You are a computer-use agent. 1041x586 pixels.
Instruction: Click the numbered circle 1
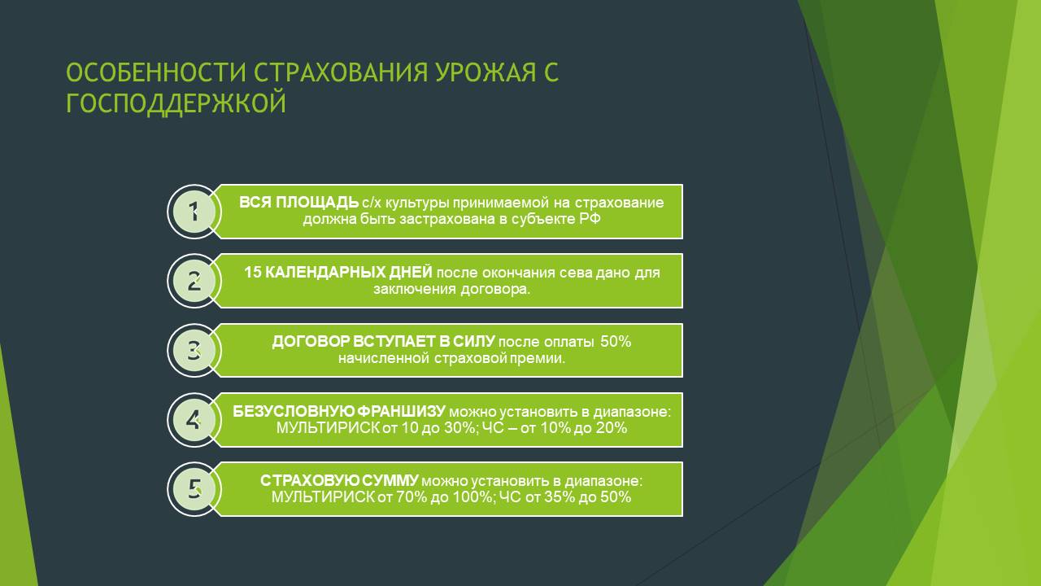click(x=194, y=212)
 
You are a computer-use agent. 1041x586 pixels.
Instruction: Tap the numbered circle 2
click(x=194, y=281)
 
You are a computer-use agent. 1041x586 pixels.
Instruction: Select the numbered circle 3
click(x=194, y=350)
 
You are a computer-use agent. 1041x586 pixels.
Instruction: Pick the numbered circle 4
click(x=194, y=420)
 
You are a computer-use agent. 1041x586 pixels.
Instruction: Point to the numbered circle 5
click(x=194, y=489)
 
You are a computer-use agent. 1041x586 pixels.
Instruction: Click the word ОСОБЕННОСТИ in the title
click(x=156, y=72)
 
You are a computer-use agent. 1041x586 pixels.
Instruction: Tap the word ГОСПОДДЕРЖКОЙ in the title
click(x=176, y=103)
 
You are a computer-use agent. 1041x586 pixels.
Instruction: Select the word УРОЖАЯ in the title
click(x=486, y=72)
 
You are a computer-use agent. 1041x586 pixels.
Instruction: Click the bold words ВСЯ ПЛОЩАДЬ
click(x=298, y=203)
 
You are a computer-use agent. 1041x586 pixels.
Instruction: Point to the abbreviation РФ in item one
click(x=590, y=219)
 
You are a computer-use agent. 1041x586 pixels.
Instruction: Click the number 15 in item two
click(x=252, y=272)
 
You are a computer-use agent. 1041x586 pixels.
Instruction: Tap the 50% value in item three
click(x=616, y=341)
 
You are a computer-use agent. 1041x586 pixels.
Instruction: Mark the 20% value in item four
click(x=611, y=427)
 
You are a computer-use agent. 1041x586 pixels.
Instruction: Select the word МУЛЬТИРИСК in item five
click(x=323, y=496)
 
